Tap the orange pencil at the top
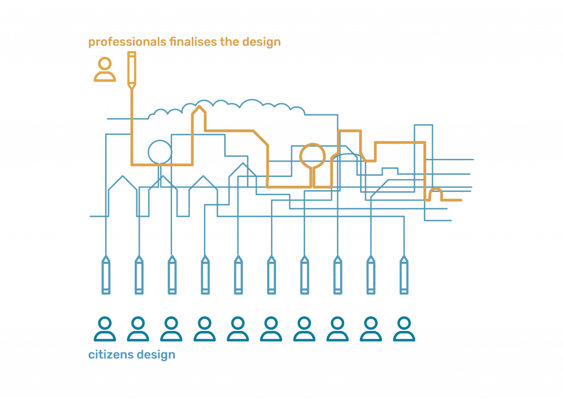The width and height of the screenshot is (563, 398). point(131,69)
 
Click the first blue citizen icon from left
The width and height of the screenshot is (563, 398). point(105,329)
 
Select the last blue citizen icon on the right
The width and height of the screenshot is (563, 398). point(404,329)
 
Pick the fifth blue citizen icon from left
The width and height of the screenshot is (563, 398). point(238,329)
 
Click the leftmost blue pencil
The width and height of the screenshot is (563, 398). point(106,275)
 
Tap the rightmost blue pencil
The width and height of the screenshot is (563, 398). point(404,275)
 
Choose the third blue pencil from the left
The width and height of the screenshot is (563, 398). point(172,275)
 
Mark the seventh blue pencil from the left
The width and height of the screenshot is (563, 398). point(305,275)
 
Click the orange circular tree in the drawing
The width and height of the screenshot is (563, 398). point(312,154)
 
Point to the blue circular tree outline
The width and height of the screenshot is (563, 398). point(159,151)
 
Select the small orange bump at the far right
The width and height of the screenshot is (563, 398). point(435,192)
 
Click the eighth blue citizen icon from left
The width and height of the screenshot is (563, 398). point(338,329)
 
